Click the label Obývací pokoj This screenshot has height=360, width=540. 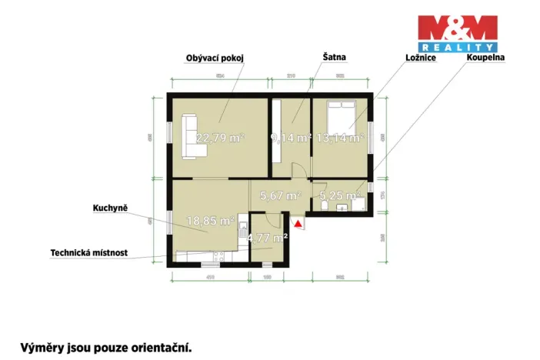point(214,58)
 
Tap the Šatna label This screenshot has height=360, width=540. point(334,57)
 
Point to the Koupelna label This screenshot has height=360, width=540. point(483,58)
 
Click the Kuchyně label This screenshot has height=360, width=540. point(108,208)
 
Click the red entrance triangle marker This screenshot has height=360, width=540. point(298,224)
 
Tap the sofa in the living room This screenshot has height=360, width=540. point(189,136)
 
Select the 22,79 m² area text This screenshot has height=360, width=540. point(220,138)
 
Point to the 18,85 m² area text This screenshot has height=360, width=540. point(210,221)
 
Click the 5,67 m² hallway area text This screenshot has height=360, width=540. point(279,196)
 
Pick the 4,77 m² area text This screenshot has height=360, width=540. point(267,237)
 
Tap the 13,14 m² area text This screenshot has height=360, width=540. point(339,139)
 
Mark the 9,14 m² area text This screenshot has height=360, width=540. point(290,139)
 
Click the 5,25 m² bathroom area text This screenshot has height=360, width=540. point(339,196)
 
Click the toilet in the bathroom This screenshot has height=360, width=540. point(325,205)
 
